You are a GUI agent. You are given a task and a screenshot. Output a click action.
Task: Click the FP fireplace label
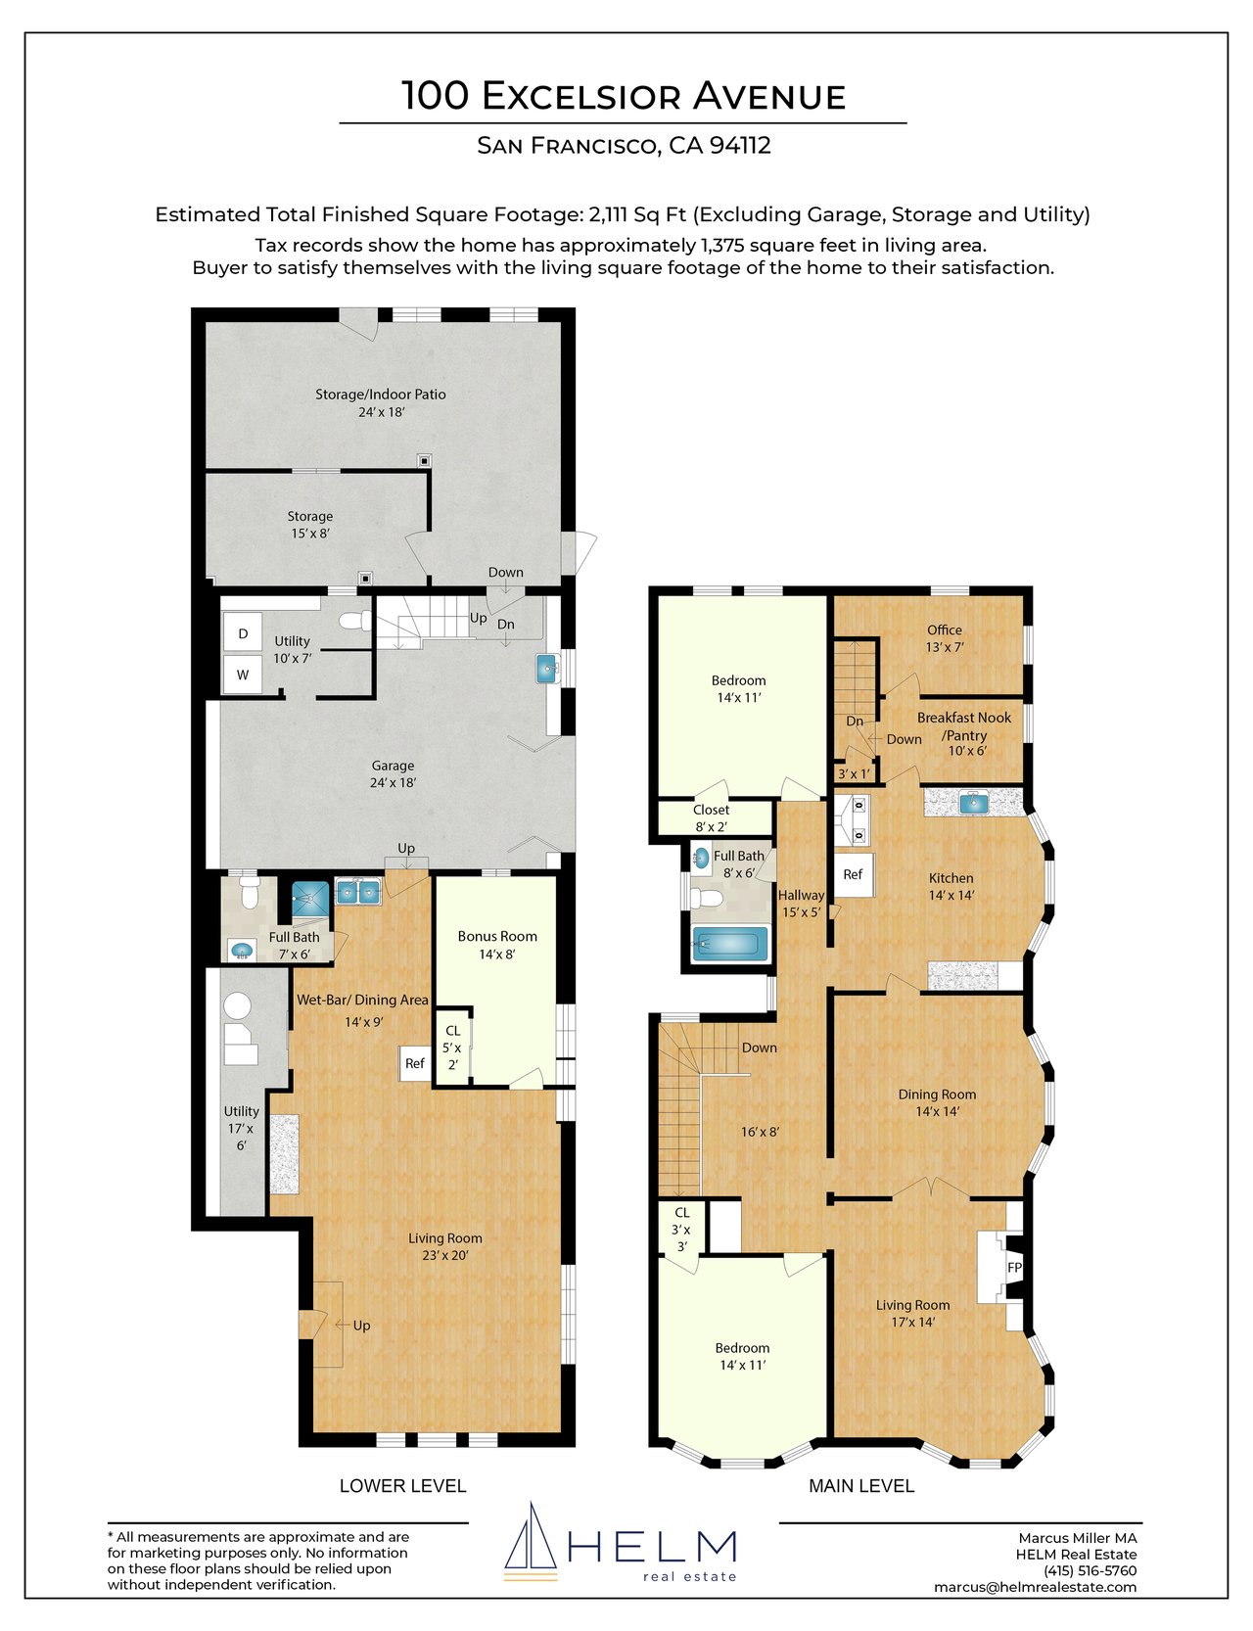click(x=1014, y=1268)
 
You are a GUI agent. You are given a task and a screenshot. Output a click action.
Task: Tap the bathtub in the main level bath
click(x=729, y=945)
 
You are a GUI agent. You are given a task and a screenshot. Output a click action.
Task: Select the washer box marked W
click(x=243, y=675)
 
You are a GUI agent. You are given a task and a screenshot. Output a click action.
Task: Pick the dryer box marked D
click(x=243, y=633)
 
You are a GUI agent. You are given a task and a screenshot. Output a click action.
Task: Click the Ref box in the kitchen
click(x=853, y=875)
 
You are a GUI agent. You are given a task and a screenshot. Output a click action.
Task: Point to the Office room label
click(x=945, y=629)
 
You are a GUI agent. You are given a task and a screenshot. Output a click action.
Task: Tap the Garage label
click(x=393, y=766)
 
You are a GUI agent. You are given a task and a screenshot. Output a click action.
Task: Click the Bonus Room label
click(x=497, y=936)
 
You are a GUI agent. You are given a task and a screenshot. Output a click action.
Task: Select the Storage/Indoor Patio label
click(x=381, y=395)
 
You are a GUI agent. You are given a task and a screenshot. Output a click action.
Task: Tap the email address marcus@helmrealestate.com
click(x=1036, y=1587)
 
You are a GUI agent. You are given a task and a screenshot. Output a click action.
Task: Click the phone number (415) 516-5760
click(x=1090, y=1570)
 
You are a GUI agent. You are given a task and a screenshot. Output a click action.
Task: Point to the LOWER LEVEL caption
click(x=402, y=1486)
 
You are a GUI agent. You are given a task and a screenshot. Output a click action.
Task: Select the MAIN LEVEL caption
click(x=861, y=1486)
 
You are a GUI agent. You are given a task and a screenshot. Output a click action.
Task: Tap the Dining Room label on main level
click(x=937, y=1095)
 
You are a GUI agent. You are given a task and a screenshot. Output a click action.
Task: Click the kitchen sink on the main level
click(x=973, y=804)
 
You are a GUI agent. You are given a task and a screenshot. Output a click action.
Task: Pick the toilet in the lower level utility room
click(x=354, y=621)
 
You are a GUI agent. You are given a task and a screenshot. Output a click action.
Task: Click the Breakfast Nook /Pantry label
click(x=964, y=726)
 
